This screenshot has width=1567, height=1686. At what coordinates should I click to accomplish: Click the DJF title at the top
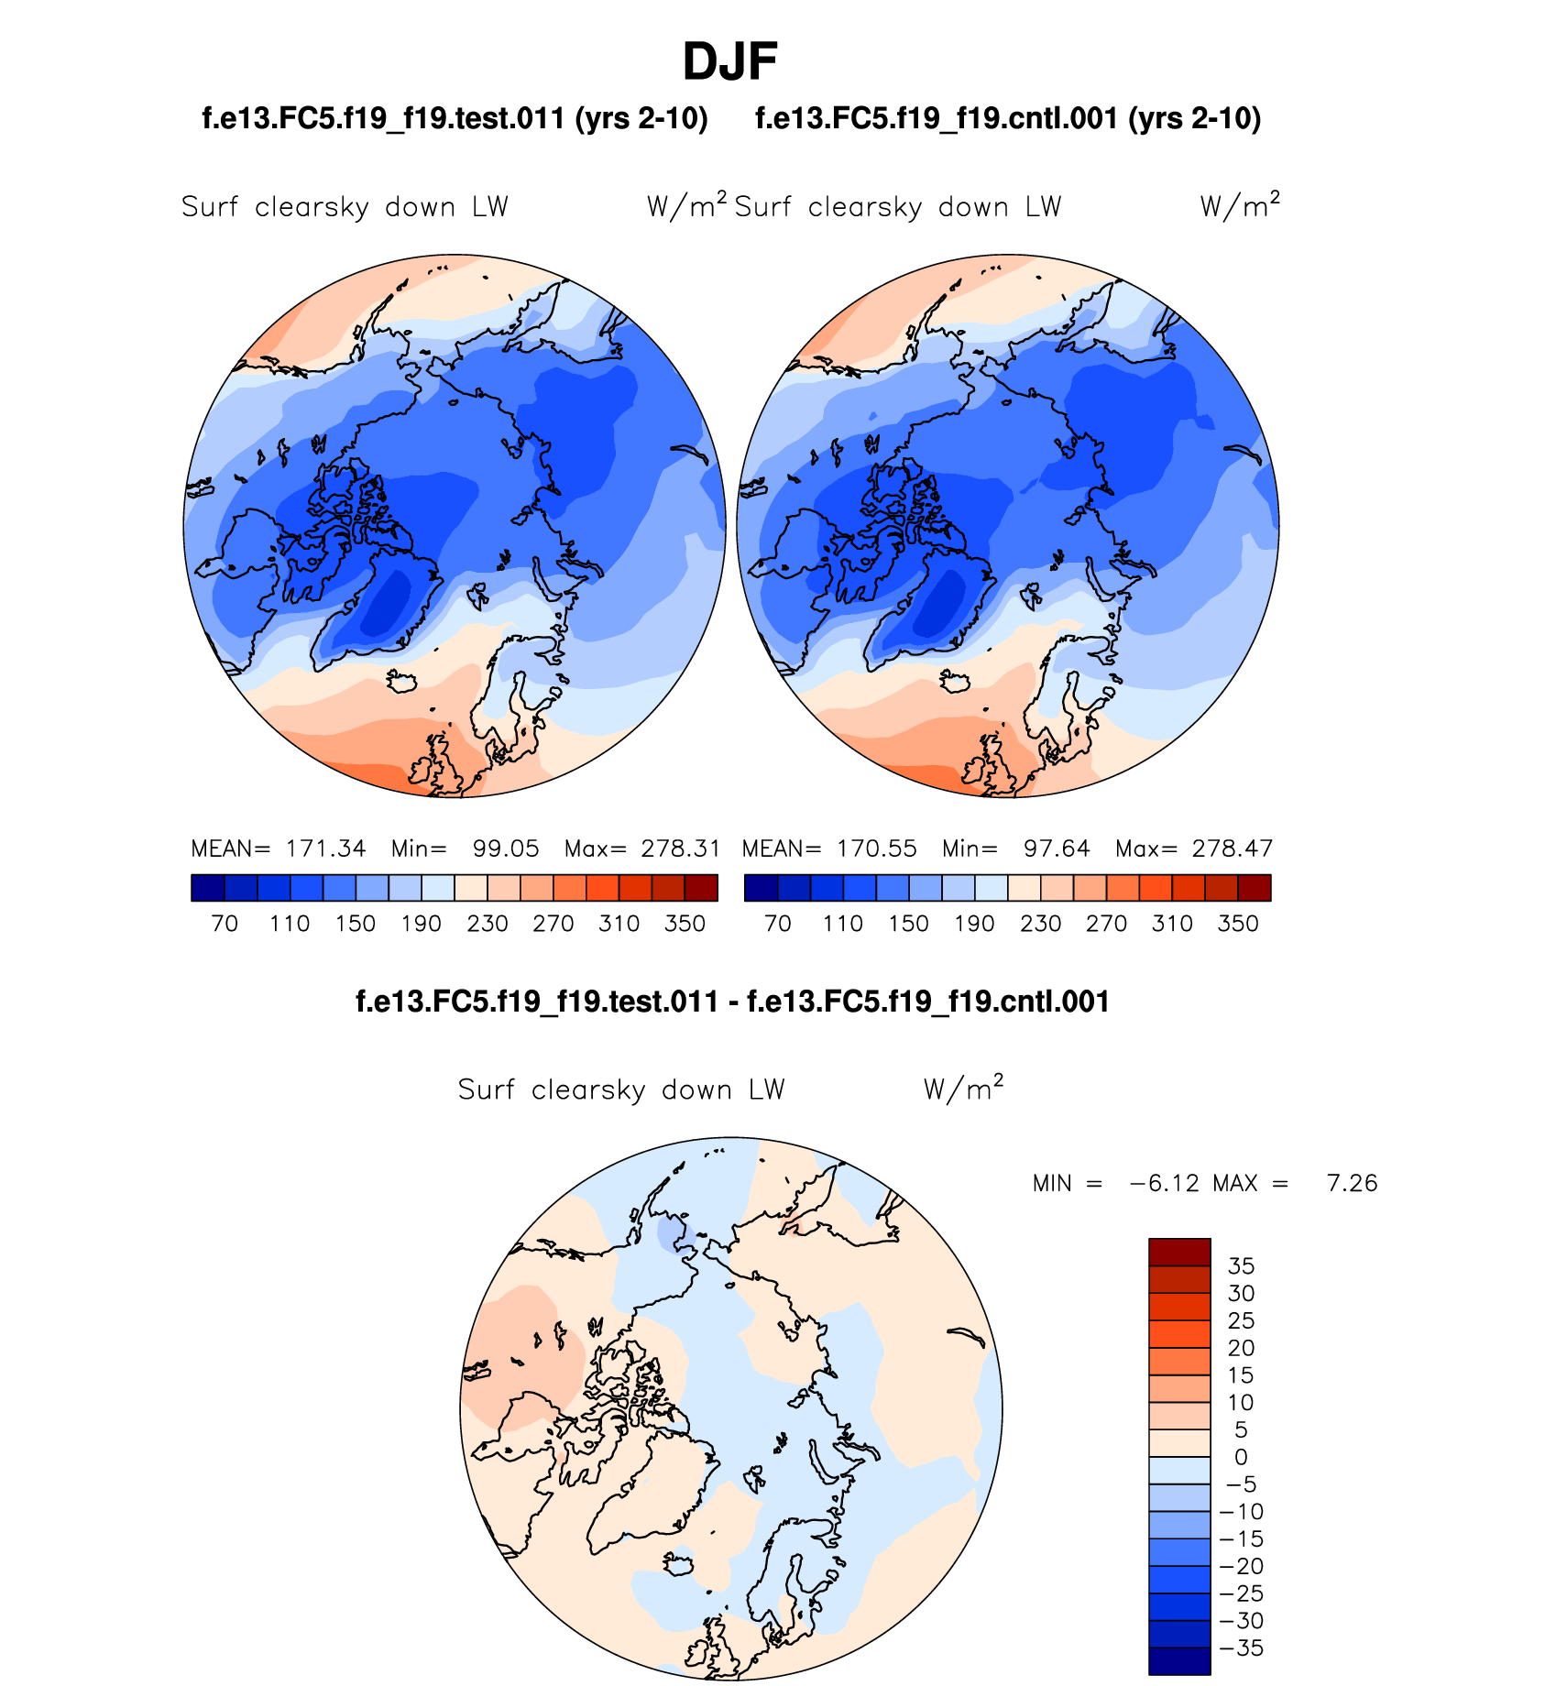[x=729, y=62]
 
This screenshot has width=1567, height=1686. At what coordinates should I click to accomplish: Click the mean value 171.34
[x=325, y=848]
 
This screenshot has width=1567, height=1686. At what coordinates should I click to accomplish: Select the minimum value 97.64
[x=1057, y=848]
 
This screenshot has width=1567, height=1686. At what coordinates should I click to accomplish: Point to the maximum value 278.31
[x=681, y=848]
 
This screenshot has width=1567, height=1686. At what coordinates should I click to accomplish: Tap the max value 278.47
[x=1233, y=848]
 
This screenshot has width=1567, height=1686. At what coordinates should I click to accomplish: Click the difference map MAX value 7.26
[x=1352, y=1183]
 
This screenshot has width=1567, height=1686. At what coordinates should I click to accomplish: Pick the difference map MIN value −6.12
[x=1164, y=1183]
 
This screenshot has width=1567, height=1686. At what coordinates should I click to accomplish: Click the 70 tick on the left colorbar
[x=225, y=924]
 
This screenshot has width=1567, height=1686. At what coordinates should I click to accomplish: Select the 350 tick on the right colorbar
[x=1238, y=924]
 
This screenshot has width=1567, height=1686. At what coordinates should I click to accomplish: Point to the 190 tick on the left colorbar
[x=422, y=924]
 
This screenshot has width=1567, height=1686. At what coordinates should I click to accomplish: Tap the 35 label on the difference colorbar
[x=1241, y=1266]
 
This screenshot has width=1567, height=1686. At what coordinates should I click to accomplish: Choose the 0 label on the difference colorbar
[x=1241, y=1457]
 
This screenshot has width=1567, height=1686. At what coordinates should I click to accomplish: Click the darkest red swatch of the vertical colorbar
[x=1179, y=1252]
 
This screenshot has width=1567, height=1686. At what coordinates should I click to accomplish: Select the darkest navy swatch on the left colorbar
[x=208, y=888]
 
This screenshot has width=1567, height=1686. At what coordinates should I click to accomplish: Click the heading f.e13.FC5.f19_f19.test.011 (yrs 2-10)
[x=455, y=119]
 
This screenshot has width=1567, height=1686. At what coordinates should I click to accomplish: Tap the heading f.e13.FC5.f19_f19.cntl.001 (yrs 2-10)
[x=1008, y=119]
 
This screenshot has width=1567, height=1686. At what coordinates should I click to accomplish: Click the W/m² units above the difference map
[x=963, y=1089]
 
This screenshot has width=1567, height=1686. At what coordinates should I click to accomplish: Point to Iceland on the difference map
[x=679, y=1564]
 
